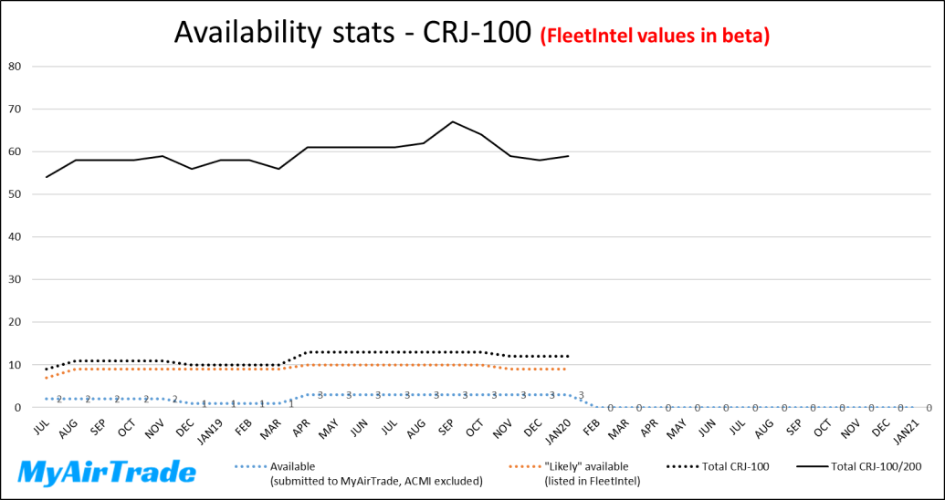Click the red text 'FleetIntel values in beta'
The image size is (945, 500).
[656, 36]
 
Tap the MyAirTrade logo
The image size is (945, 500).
[108, 473]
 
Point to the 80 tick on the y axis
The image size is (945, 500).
[16, 67]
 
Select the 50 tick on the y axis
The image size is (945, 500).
[16, 194]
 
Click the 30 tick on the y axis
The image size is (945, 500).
[16, 279]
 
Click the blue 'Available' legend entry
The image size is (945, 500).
[356, 473]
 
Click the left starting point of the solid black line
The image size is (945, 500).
[47, 177]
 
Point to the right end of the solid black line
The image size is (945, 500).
[569, 156]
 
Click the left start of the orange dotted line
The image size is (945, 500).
[47, 378]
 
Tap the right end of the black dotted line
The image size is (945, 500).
[569, 356]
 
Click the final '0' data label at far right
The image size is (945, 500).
[929, 409]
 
